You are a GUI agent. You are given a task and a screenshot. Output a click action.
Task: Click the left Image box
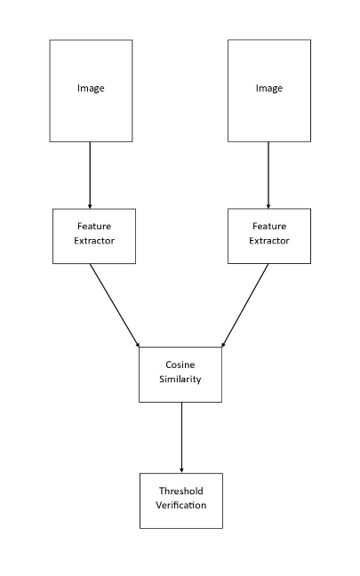[91, 111]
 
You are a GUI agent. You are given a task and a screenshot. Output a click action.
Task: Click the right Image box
[268, 111]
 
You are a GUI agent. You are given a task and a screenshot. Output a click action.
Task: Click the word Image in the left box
[91, 88]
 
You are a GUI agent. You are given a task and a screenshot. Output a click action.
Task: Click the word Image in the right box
[268, 88]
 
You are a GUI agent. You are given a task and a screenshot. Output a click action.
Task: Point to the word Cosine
[180, 364]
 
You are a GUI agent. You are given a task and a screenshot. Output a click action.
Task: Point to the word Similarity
[180, 379]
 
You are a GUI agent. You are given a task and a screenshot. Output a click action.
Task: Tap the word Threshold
[181, 491]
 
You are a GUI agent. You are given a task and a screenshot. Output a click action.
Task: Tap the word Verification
[181, 505]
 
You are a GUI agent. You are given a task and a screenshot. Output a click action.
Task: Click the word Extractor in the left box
[94, 241]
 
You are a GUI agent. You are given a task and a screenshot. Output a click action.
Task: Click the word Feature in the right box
[269, 227]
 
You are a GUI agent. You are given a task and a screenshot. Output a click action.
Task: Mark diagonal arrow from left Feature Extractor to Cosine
[115, 305]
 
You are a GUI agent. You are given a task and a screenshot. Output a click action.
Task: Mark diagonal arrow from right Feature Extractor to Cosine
[245, 305]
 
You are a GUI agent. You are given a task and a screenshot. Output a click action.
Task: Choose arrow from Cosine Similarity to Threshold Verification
[181, 436]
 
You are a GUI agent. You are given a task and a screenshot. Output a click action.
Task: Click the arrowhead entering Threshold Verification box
[181, 469]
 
